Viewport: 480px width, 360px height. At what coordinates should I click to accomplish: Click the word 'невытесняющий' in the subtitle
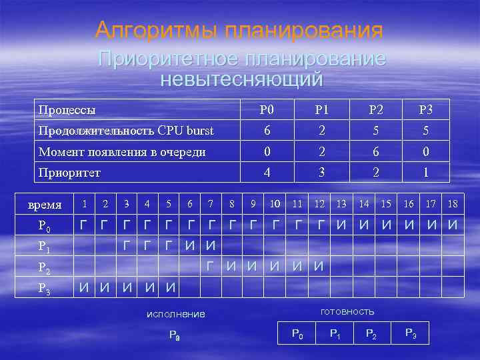coord(241,79)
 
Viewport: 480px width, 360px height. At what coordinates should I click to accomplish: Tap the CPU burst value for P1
coord(322,130)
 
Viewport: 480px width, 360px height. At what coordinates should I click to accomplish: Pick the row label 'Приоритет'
coord(69,173)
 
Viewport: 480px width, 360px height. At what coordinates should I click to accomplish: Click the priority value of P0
coord(267,173)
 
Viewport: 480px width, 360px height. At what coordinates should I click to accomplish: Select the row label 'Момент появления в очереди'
coord(121,151)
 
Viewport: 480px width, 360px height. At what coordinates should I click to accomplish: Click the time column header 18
coord(453,203)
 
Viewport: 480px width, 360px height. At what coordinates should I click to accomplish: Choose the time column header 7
coord(211,203)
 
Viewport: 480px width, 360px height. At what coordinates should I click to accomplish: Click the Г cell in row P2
coord(211,267)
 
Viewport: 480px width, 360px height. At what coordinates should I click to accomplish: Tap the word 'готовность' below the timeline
coord(347,311)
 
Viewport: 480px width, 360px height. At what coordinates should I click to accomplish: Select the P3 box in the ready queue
coord(411,333)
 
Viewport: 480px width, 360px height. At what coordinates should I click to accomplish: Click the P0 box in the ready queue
coord(297,333)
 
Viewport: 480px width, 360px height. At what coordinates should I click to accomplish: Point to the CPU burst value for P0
coord(267,130)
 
